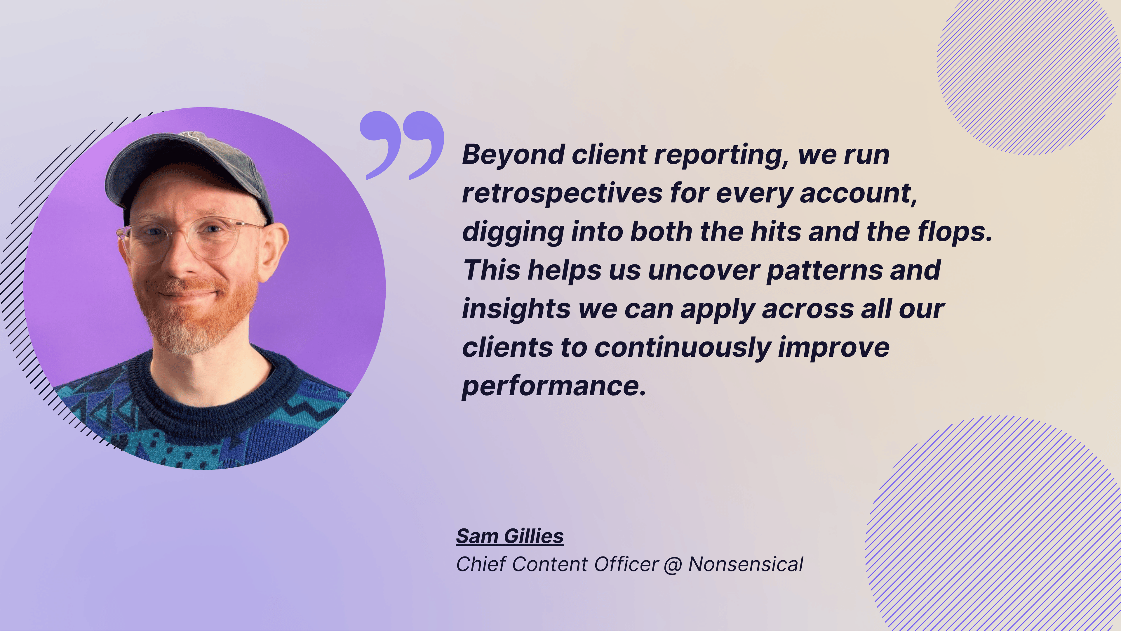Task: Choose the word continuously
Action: coord(682,348)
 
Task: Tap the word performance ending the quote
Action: coord(553,387)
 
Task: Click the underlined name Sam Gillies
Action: coord(510,537)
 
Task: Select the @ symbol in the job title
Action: coord(673,565)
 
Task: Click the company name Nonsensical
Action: coord(746,564)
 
